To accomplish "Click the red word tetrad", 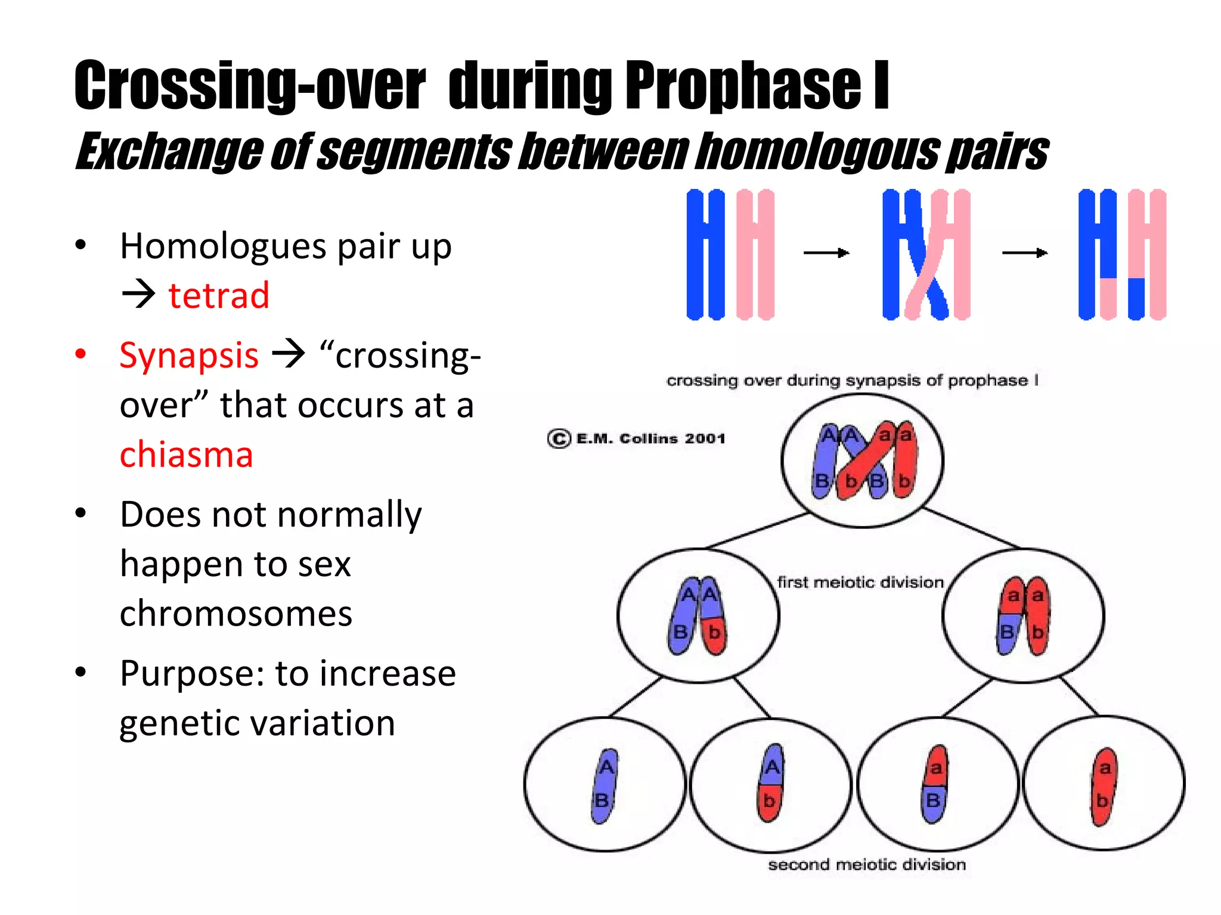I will (218, 295).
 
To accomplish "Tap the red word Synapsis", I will (189, 356).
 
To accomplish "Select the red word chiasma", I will (186, 455).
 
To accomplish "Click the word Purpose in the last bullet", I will (192, 674).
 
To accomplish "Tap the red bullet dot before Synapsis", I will (80, 354).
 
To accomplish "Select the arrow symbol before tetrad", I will (138, 295).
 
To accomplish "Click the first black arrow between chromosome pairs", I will (826, 253).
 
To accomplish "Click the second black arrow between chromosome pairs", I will (1025, 253).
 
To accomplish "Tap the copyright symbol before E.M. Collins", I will (559, 439).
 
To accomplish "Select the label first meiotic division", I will (860, 582).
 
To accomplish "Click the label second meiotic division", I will (866, 864).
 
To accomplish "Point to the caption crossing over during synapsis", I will (853, 381).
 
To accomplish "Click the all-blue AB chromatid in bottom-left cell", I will (605, 785).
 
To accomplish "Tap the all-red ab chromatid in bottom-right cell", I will (1104, 785).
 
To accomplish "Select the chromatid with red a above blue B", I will (934, 784).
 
